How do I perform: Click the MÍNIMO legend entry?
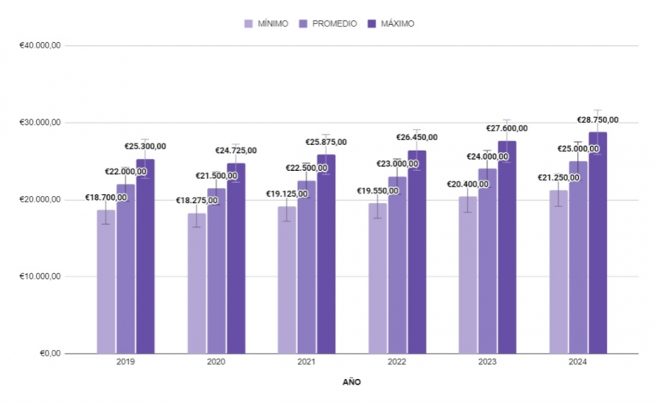[266, 24]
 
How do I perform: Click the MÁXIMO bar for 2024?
[598, 242]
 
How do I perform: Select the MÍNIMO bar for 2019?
[106, 281]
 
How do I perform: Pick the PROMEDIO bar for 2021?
[307, 267]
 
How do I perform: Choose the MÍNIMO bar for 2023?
[468, 275]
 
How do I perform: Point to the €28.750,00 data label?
[597, 120]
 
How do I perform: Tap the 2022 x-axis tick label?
[397, 363]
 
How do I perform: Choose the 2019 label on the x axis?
[126, 363]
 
